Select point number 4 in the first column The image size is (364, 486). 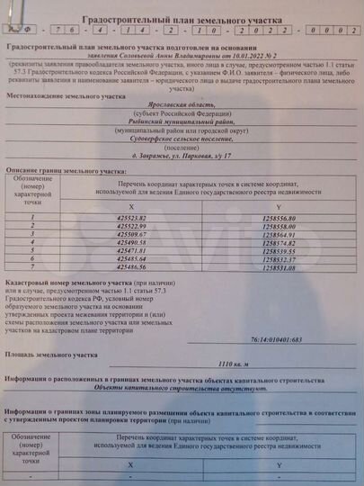(x=32, y=242)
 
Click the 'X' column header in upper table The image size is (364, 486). (x=131, y=205)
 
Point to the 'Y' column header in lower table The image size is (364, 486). (x=280, y=463)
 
